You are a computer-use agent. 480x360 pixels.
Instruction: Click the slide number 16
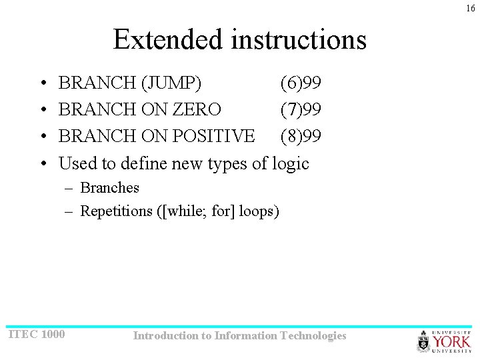471,8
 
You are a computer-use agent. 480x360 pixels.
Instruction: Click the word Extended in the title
168,39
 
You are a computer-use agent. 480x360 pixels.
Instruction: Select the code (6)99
301,83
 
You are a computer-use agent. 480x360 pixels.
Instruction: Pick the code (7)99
301,110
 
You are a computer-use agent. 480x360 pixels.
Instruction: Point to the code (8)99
301,136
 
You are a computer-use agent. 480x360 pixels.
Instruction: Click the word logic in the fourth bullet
289,163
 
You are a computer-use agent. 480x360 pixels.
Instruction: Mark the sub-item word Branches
109,188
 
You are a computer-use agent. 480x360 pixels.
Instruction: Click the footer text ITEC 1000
36,334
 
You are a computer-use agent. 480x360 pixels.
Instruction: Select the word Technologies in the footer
313,336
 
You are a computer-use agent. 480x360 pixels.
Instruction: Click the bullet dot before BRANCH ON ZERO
42,110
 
